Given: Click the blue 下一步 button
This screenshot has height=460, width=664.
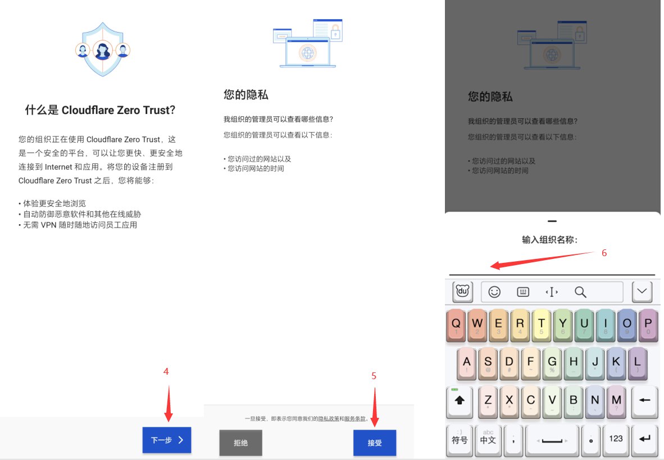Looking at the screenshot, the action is pos(167,440).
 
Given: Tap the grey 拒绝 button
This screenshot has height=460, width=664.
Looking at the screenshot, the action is pos(240,443).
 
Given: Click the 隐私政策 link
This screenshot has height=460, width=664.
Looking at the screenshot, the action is pos(329,418).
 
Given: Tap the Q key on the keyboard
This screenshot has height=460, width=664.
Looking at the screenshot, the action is pos(456,325).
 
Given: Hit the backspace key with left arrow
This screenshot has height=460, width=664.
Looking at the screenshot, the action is pos(644,401).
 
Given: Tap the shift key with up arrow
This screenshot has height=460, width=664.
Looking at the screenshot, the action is pos(460,401).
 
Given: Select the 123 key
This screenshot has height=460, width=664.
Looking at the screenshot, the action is pos(616,440).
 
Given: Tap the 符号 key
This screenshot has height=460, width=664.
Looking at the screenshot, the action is pos(460,440).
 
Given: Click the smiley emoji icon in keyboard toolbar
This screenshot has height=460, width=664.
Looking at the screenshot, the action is pos(494,292).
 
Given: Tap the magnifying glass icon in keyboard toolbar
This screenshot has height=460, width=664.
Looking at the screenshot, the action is pos(580,292).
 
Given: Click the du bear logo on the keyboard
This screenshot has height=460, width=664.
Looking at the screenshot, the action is pos(462,292).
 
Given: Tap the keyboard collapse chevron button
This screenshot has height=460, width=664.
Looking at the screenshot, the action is pos(642,292).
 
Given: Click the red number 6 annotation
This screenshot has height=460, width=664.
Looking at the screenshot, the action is pos(604,253).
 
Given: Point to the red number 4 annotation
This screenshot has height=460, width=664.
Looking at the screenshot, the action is pos(166,371).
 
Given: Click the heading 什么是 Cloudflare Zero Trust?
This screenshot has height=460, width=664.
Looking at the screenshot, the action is pos(100,110).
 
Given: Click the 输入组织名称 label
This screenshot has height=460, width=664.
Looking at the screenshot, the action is pos(549,240).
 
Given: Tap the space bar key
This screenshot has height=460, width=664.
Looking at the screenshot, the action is pos(552,440).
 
